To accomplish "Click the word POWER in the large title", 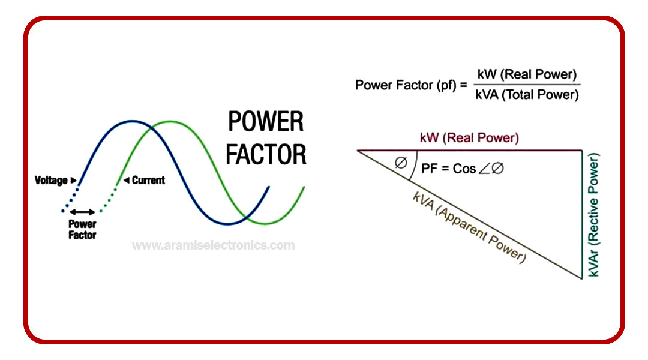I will tap(265, 122).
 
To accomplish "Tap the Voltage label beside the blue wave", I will tap(51, 180).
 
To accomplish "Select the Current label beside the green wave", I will tap(148, 180).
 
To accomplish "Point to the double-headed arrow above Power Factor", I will tap(82, 212).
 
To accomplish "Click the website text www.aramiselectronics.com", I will tap(213, 245).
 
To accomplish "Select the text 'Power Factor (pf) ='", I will tap(411, 85).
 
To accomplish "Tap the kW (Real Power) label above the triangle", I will tap(469, 138).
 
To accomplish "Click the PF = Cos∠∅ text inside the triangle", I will tap(463, 169).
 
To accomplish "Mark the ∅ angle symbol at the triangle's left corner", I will tap(400, 162).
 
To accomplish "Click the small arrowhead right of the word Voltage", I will tap(73, 180).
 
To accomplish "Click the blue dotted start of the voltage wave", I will tap(69, 201).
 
